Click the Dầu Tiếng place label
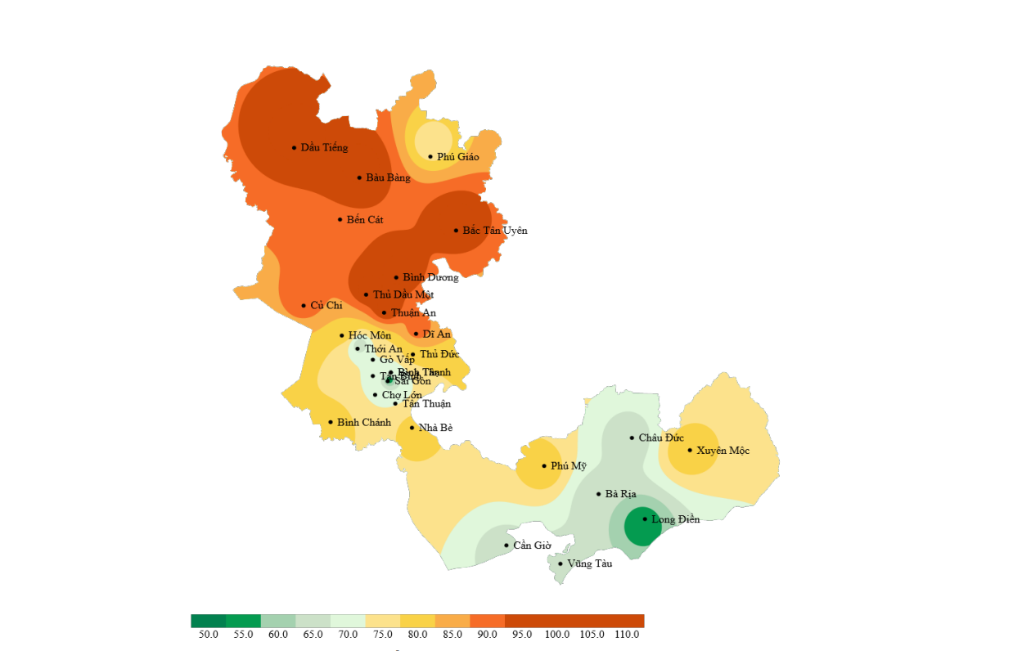tap(324, 148)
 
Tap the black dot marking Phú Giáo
tap(430, 157)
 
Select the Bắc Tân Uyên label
tap(495, 231)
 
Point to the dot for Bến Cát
tap(340, 219)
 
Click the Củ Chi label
tap(326, 306)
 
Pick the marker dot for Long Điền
tap(645, 519)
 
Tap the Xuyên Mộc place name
tap(723, 451)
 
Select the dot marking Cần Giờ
tap(506, 545)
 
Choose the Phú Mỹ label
tap(569, 466)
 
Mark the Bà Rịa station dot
tap(599, 494)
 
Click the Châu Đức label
tap(661, 438)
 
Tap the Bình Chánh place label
tap(364, 423)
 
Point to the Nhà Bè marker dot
tap(412, 428)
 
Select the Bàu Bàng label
tap(388, 178)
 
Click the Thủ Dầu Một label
tap(403, 295)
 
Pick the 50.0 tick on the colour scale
tap(208, 635)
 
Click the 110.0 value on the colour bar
tap(627, 635)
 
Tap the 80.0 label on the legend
tap(417, 635)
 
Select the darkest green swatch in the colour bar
tap(208, 621)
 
